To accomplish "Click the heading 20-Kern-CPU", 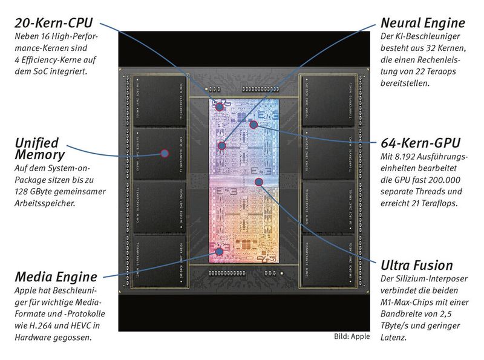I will coord(53,23).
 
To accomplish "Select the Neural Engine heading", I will coord(422,23).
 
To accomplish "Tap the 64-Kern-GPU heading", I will coord(420,143).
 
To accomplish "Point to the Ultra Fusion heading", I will coord(416,265).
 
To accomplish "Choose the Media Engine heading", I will coord(56,277).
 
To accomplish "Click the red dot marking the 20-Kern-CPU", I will coord(219,106).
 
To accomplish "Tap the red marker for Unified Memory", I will coord(164,153).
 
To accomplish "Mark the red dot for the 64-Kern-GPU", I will coord(254,125).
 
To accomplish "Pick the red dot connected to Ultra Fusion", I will coord(259,181).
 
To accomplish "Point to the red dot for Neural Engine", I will coord(222,145).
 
